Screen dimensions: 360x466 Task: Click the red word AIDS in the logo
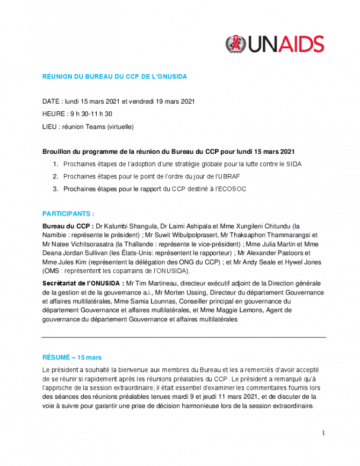[297, 44]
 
